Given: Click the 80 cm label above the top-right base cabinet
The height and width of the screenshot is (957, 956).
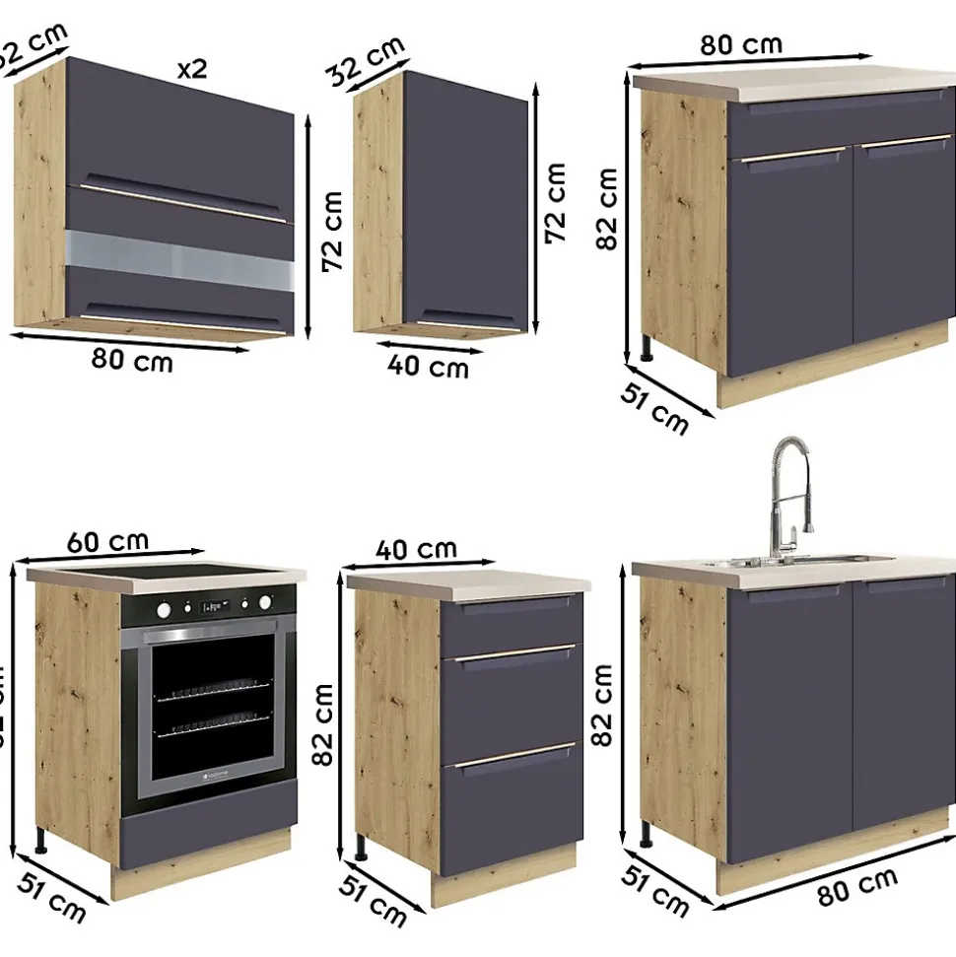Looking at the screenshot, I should click(x=740, y=44).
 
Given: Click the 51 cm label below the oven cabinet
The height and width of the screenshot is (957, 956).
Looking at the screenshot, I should click(x=54, y=896).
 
